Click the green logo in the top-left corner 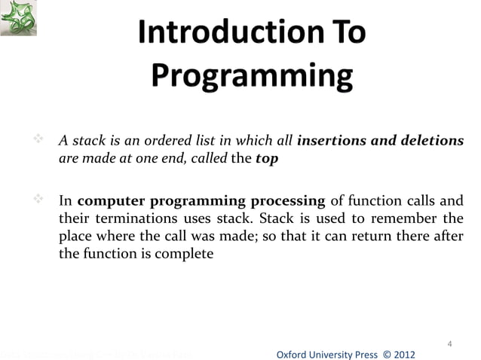[x=19, y=18]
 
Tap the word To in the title [x=340, y=34]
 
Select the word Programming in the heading [x=252, y=76]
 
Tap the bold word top [x=267, y=159]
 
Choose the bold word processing [x=287, y=201]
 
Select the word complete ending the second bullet [x=187, y=255]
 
